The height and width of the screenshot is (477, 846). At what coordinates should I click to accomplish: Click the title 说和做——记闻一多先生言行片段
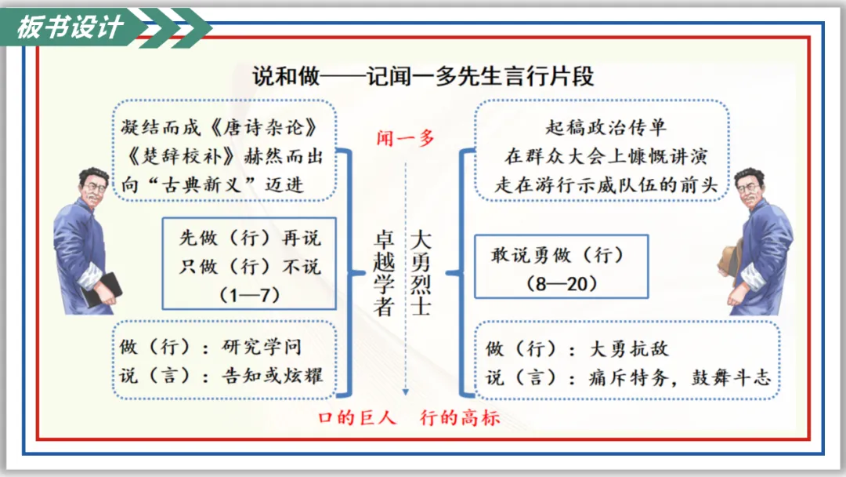pos(423,76)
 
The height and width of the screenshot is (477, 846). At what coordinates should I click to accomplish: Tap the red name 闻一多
pos(405,138)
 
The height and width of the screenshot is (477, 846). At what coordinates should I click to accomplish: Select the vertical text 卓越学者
pos(383,272)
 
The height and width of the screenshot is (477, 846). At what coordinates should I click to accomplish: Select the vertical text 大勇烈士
pos(421,272)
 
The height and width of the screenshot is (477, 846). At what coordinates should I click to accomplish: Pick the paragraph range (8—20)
pos(562,283)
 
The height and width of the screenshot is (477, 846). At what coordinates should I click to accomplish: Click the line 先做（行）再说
pos(249,238)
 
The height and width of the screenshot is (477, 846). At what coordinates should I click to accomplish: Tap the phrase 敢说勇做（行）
pos(557,255)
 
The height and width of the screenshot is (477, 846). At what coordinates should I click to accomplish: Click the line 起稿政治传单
pos(606,127)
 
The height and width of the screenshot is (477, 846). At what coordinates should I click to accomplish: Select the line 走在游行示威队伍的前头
pos(606,184)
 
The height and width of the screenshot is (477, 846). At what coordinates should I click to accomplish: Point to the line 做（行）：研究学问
pos(210,348)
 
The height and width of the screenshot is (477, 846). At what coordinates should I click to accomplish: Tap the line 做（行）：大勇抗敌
pos(578,349)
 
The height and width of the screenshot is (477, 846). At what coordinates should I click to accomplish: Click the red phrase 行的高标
pos(460,417)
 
